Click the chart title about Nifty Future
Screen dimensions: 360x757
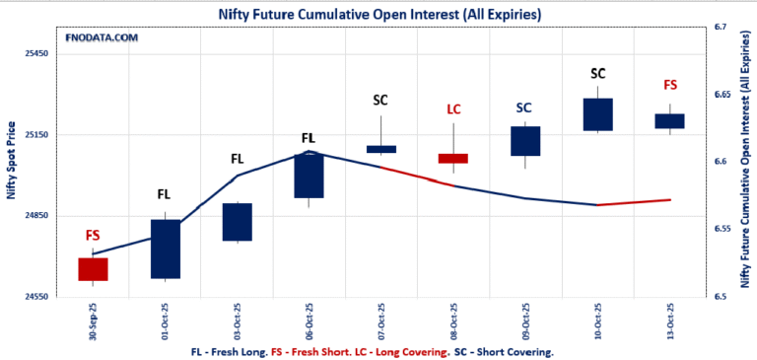(x=379, y=13)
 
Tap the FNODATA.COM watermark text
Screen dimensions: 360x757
(x=102, y=37)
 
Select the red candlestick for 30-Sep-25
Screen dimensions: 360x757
(x=93, y=269)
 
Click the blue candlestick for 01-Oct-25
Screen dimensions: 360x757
(x=165, y=249)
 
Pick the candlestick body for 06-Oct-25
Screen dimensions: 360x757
(x=309, y=176)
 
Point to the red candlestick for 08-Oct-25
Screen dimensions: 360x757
(x=453, y=158)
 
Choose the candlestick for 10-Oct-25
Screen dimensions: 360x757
(x=597, y=114)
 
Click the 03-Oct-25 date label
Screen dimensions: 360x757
(x=238, y=321)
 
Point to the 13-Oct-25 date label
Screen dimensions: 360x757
(x=670, y=321)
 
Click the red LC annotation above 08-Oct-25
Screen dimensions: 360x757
(x=453, y=108)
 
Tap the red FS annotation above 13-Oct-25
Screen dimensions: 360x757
(x=670, y=86)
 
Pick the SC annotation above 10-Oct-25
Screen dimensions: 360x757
(x=597, y=73)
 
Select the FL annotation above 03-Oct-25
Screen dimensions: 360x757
(x=237, y=158)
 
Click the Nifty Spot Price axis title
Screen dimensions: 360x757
(x=11, y=161)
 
